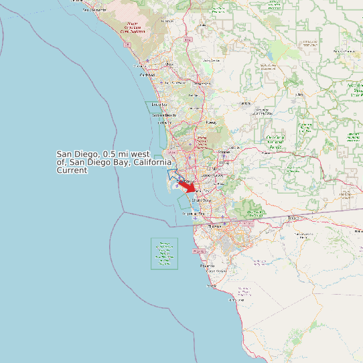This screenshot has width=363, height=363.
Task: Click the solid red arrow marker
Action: tap(187, 188)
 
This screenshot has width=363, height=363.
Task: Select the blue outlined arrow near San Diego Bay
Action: tap(175, 175)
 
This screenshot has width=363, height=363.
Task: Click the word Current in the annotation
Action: tap(72, 171)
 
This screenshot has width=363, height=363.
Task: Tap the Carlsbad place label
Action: tap(147, 75)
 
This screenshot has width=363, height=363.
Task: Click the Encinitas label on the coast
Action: tap(159, 105)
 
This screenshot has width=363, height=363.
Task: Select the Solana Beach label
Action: tap(163, 116)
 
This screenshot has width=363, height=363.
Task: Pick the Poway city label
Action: tap(212, 123)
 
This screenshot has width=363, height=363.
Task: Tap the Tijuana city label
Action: tap(214, 226)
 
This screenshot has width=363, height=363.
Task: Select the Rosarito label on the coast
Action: tap(207, 265)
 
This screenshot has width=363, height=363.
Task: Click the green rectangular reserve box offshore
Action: tap(164, 254)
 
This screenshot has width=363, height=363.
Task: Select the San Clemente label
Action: tap(94, 10)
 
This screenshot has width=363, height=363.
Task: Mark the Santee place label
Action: tap(224, 153)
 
